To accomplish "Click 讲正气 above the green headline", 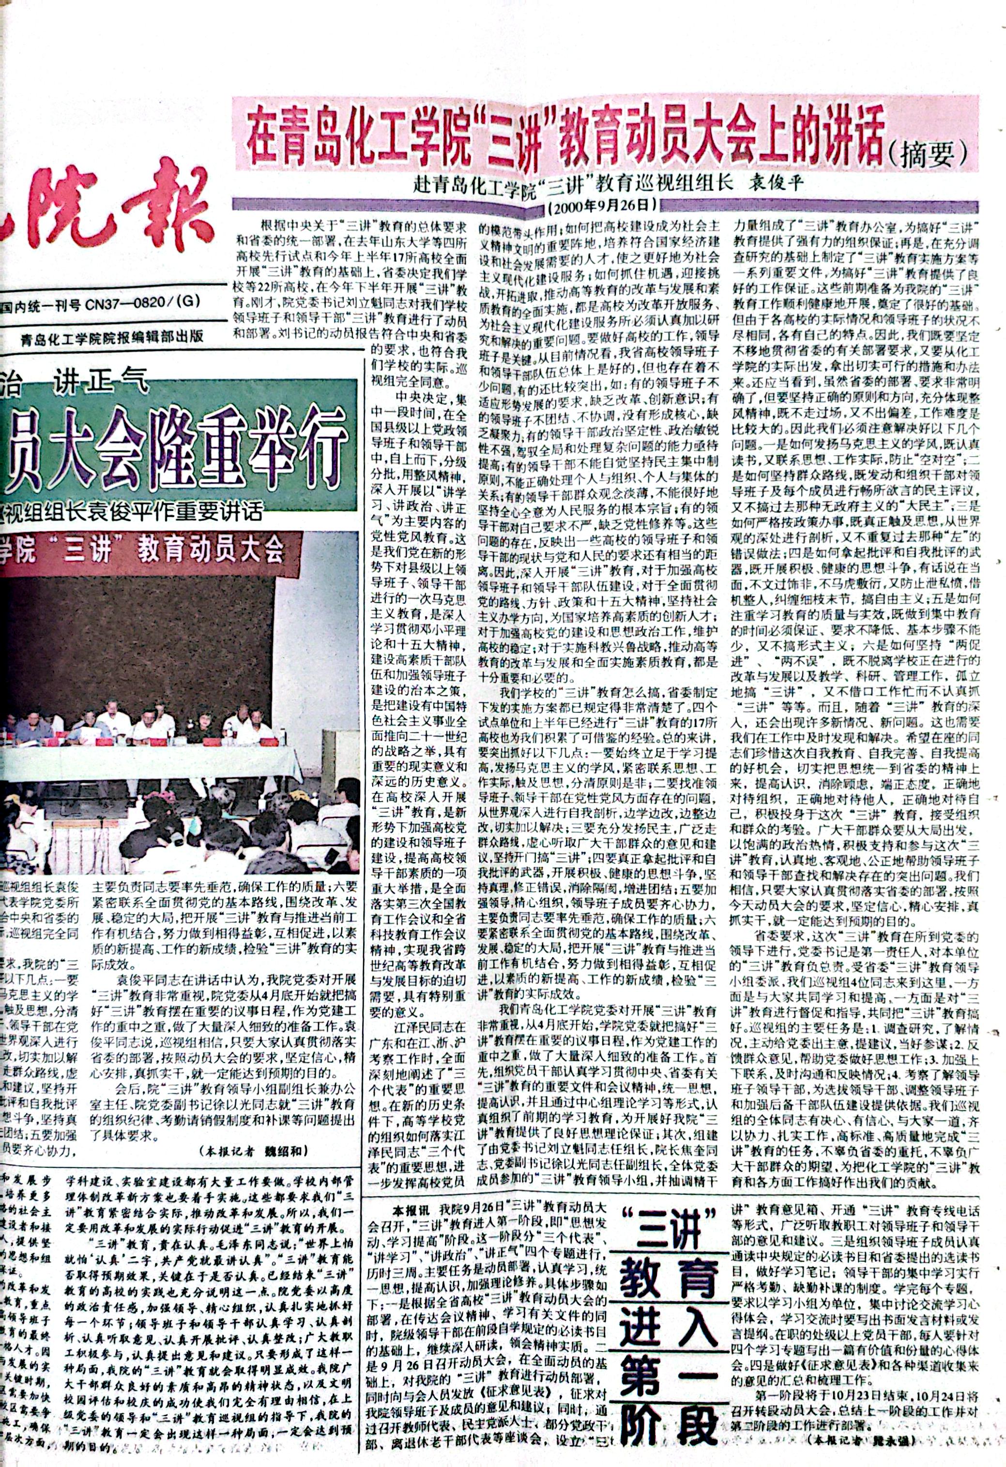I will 101,380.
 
